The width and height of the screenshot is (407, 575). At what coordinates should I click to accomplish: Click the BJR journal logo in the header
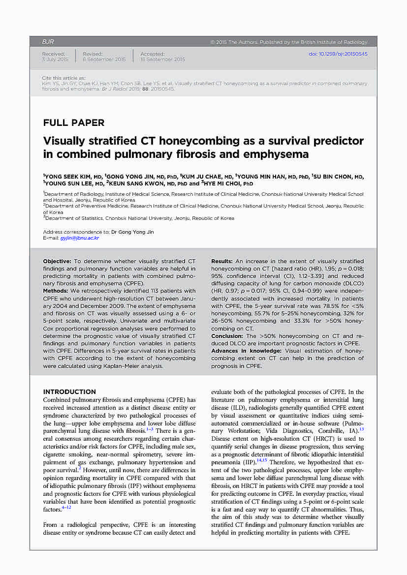click(x=48, y=42)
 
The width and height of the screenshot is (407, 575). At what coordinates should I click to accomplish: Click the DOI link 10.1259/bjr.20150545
click(x=338, y=54)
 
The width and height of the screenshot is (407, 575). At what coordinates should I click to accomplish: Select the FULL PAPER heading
click(x=74, y=123)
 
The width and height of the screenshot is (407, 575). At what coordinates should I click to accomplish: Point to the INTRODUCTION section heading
click(x=69, y=392)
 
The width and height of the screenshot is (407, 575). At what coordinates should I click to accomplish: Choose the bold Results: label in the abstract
click(x=222, y=261)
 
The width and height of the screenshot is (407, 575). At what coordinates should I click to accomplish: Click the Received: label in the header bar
click(x=53, y=54)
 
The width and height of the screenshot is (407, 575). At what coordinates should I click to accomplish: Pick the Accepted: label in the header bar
click(x=152, y=54)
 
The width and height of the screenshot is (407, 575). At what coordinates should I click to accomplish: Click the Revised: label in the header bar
click(x=93, y=54)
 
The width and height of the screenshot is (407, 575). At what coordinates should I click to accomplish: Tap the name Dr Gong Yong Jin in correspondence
click(x=132, y=232)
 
